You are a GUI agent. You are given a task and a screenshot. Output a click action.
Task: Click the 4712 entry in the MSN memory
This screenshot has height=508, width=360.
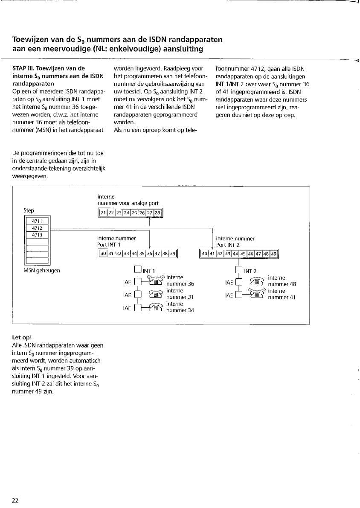coord(37,228)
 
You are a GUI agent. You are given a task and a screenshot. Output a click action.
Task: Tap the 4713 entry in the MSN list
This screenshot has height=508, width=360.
coord(37,234)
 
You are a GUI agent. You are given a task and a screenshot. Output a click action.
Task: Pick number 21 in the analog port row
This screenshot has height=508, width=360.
coord(103,213)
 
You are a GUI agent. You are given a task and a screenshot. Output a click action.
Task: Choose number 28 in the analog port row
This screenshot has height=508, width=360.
coord(157,213)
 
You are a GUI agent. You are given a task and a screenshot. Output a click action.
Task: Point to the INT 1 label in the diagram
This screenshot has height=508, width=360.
coord(148,271)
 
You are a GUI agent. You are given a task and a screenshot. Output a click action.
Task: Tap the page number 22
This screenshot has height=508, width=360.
coord(15,500)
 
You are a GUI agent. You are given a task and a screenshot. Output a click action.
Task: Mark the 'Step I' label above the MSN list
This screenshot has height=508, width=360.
coord(31,210)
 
